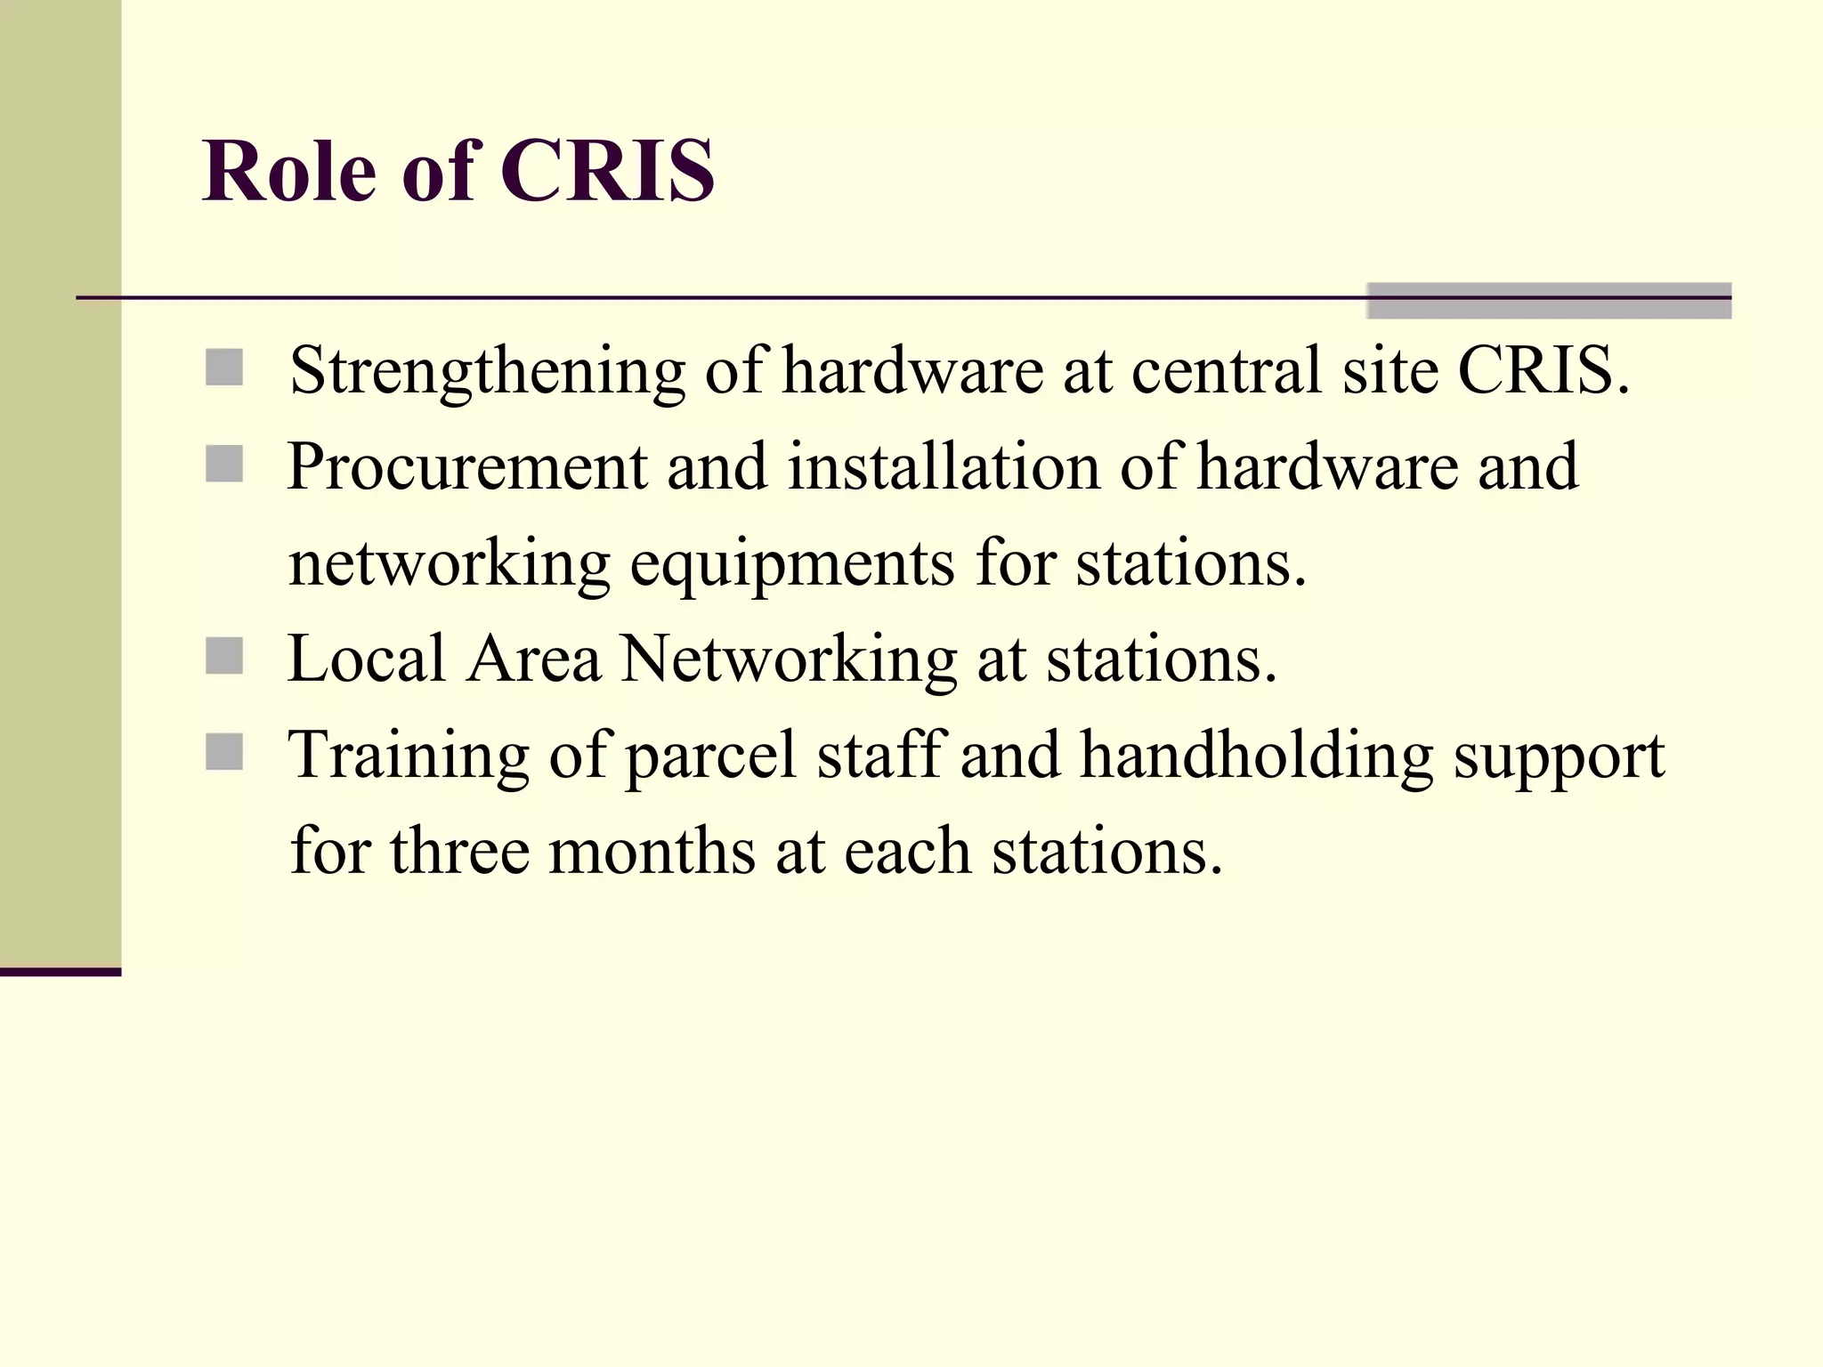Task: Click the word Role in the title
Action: tap(289, 171)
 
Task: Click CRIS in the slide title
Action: tap(607, 171)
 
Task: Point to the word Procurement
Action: tap(466, 467)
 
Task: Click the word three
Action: tap(459, 851)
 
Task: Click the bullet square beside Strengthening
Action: tap(224, 368)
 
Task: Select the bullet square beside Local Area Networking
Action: tap(224, 657)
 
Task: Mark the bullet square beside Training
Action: tap(224, 752)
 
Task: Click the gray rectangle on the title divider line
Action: tap(1549, 301)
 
